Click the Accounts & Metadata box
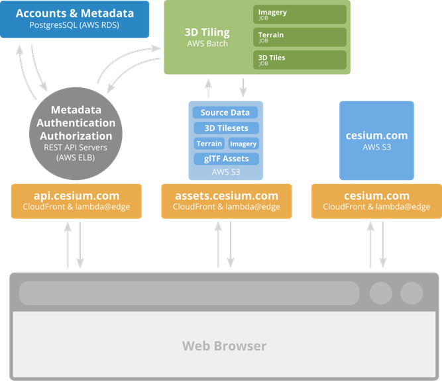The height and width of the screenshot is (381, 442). pos(74,19)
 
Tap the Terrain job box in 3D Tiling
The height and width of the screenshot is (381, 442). pos(300,37)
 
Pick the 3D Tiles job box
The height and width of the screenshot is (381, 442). pos(300,60)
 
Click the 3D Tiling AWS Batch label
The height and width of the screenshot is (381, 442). pos(207,37)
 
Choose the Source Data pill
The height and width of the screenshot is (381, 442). pos(225,112)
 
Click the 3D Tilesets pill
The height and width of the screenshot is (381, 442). pos(225,128)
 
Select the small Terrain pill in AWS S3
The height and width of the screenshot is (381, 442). pos(209,144)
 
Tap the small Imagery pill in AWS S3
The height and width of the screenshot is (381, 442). pos(243,144)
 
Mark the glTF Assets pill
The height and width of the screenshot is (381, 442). pos(225,159)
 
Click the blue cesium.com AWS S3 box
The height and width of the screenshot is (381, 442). pos(376,140)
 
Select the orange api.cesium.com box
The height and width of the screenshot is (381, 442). pos(76,200)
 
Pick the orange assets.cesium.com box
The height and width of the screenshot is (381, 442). pos(226,200)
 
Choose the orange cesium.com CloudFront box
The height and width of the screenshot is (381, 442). pos(376,200)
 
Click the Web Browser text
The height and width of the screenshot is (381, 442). pos(224,346)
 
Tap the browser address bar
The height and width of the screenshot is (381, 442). pos(189,292)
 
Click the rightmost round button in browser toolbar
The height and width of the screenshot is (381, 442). pos(412,292)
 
